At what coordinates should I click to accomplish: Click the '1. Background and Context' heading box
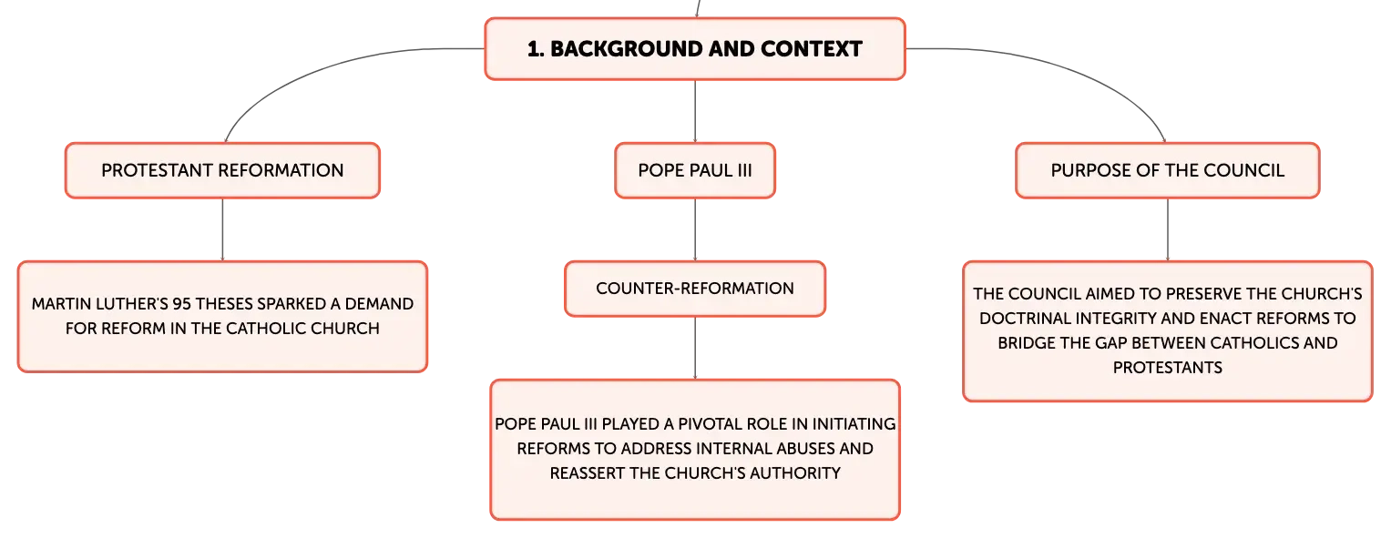[695, 49]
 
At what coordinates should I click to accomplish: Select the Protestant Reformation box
[222, 170]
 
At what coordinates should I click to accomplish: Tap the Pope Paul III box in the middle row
[695, 170]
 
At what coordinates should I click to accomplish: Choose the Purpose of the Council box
[1168, 170]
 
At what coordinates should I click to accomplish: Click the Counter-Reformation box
[695, 289]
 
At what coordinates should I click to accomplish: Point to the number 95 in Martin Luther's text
[181, 303]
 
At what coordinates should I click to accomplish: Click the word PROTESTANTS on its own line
[1168, 368]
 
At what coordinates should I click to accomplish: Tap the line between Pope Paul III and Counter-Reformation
[695, 229]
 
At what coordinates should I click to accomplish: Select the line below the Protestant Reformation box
[222, 229]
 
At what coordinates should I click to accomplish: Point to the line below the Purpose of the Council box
[1168, 229]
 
